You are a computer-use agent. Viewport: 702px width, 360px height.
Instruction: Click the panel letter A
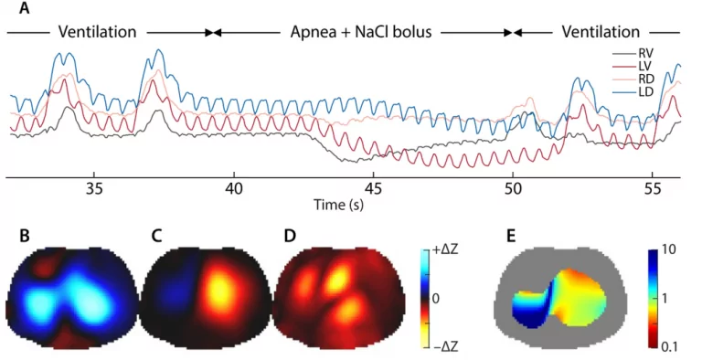[x=25, y=8]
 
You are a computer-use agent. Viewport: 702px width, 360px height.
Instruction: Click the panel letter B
[x=24, y=236]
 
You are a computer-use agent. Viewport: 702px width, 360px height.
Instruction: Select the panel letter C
[x=156, y=236]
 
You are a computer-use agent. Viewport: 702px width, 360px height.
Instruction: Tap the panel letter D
[x=290, y=236]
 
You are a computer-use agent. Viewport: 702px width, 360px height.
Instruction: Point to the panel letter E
[x=512, y=236]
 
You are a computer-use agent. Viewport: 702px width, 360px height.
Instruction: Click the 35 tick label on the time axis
[x=94, y=188]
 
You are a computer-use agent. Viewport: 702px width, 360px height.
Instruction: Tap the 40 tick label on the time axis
[x=234, y=188]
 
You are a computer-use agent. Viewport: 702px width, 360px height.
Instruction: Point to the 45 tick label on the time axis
[x=374, y=188]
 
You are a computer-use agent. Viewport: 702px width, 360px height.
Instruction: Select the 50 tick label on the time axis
[x=514, y=188]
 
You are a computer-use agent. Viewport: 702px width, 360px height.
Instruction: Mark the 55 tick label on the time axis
[x=654, y=188]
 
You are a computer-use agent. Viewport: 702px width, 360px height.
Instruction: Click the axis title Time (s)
[x=338, y=205]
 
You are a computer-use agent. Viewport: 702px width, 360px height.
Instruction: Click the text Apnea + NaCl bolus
[x=361, y=32]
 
